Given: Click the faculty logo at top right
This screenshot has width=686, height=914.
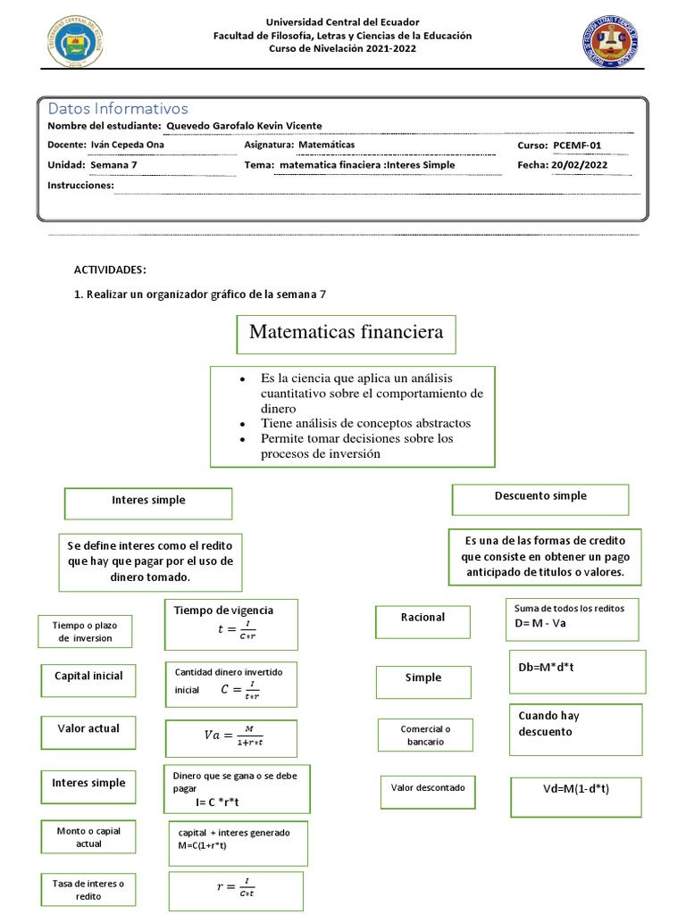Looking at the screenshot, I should [x=611, y=42].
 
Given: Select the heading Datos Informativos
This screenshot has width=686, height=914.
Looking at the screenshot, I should [x=118, y=109].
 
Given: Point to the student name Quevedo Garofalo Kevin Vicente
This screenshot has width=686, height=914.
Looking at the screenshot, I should [x=244, y=126].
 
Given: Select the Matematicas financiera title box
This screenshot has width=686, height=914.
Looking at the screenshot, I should [x=346, y=333].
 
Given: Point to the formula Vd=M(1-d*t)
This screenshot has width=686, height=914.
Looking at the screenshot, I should [x=576, y=789].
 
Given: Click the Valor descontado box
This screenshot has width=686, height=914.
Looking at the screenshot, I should [x=427, y=789].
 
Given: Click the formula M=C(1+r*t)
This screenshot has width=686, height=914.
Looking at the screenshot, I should [x=238, y=843].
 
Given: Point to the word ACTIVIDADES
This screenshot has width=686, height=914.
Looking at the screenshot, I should [x=109, y=270].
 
